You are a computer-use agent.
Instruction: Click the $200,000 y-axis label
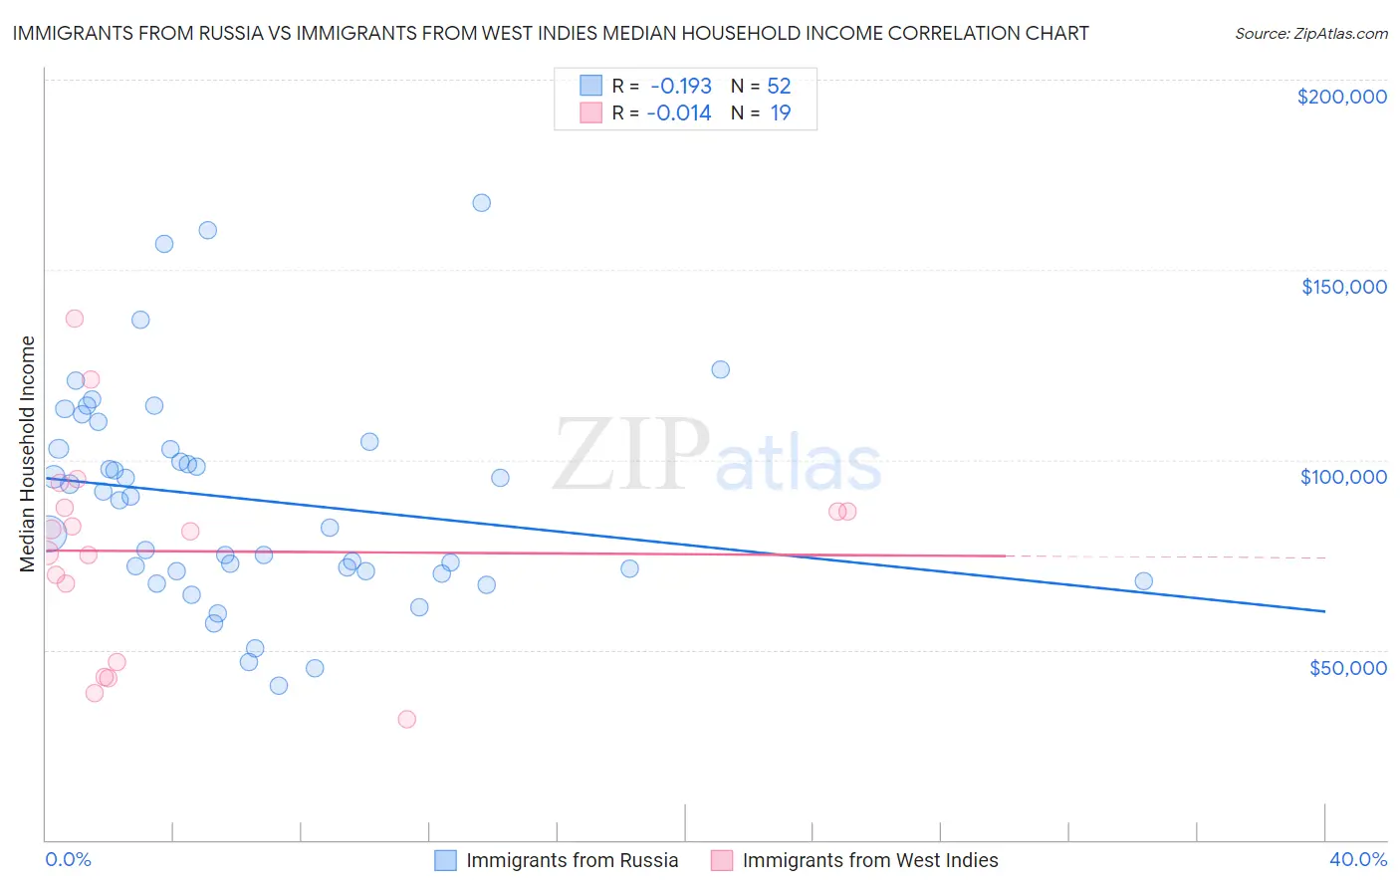tap(1341, 97)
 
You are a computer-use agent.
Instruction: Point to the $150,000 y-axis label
tap(1343, 287)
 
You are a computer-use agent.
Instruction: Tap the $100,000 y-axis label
tap(1343, 477)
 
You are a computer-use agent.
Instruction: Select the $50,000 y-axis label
tap(1347, 667)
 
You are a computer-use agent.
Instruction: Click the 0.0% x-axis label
tap(68, 859)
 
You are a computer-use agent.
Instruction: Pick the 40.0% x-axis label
tap(1357, 859)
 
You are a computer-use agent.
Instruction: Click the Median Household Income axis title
tap(28, 454)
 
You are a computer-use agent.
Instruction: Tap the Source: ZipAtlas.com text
tap(1310, 34)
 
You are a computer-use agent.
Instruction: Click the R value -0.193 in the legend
tap(680, 86)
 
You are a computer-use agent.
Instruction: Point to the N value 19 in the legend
tap(781, 112)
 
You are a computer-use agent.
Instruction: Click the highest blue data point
tap(481, 202)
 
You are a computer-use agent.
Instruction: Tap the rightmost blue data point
tap(1143, 581)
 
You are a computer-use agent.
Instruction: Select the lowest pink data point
tap(406, 719)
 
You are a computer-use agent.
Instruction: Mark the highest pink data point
tap(74, 319)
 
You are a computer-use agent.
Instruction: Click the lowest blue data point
tap(279, 686)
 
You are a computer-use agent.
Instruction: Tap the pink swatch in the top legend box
tap(590, 112)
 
